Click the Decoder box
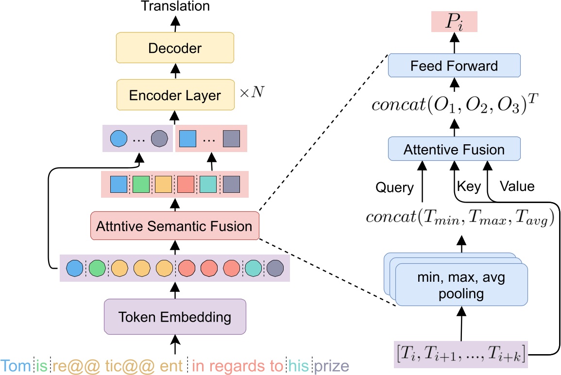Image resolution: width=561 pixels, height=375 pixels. pyautogui.click(x=175, y=49)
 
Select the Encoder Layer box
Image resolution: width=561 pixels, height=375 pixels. pyautogui.click(x=175, y=95)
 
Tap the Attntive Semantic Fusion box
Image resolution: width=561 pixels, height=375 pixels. pyautogui.click(x=175, y=226)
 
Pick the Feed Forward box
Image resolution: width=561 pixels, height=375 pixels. pyautogui.click(x=454, y=66)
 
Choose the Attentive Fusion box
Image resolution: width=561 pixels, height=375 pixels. pyautogui.click(x=454, y=150)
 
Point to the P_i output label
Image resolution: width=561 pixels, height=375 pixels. pyautogui.click(x=455, y=22)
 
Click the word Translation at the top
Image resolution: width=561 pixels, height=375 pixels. pyautogui.click(x=175, y=6)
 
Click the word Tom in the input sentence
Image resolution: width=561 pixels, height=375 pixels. pyautogui.click(x=16, y=365)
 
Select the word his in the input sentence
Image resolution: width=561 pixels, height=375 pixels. pyautogui.click(x=298, y=365)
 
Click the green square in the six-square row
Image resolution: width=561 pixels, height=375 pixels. pyautogui.click(x=141, y=185)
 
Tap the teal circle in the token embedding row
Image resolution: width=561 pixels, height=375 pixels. pyautogui.click(x=253, y=268)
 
